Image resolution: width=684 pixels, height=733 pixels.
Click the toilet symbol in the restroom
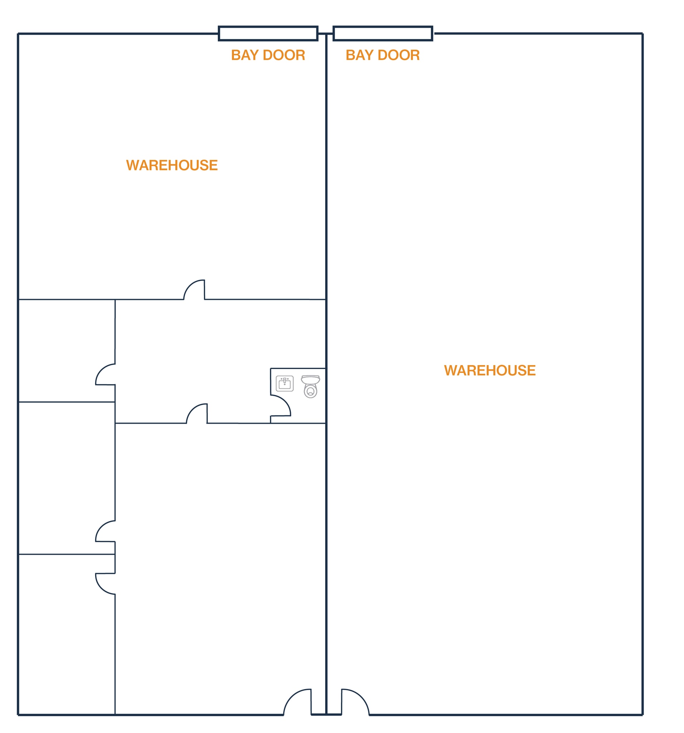click(310, 387)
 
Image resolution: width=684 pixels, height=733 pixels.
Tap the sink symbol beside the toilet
click(284, 383)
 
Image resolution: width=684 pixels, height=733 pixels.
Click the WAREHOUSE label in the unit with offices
click(172, 165)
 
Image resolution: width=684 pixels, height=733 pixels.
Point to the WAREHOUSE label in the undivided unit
click(489, 370)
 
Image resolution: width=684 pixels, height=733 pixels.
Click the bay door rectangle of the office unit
click(268, 33)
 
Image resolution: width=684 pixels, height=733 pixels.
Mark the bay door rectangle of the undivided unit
click(382, 33)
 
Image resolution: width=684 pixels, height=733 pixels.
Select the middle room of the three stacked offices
click(67, 478)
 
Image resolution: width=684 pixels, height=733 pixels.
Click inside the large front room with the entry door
click(220, 568)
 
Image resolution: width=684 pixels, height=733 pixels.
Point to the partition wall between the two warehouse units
click(326, 374)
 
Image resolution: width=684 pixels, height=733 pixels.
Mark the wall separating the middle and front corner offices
click(67, 554)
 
